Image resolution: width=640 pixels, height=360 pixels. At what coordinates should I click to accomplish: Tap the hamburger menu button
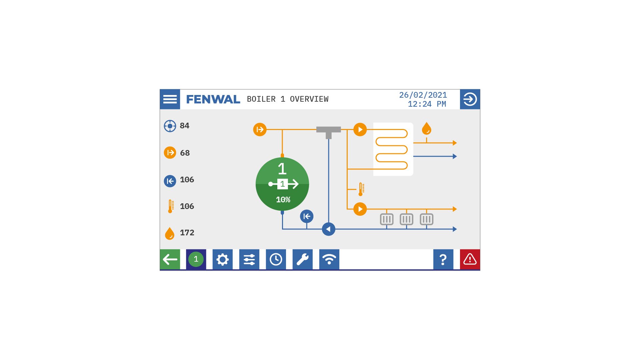(170, 99)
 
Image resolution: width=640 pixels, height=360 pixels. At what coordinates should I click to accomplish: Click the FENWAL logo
(213, 99)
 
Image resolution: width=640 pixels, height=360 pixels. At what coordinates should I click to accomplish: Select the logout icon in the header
(470, 99)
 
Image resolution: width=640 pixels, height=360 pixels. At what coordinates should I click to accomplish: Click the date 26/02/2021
(423, 95)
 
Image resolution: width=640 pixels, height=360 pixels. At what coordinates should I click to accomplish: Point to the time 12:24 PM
(427, 104)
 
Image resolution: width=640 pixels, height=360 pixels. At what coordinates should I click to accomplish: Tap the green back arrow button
(170, 259)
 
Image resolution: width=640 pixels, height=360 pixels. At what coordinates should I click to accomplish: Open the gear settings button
(223, 259)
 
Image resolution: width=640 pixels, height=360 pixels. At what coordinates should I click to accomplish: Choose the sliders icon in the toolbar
(249, 259)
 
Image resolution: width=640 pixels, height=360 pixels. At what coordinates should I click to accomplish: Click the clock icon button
(276, 259)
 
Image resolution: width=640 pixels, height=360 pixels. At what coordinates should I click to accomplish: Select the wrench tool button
(303, 259)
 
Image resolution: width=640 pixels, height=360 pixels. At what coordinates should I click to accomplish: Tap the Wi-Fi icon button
(329, 259)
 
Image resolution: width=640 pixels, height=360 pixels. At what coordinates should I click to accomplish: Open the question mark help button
(443, 259)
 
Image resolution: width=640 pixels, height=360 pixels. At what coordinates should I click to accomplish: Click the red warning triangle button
(470, 259)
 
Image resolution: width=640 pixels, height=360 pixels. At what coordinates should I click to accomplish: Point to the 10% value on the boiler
(283, 200)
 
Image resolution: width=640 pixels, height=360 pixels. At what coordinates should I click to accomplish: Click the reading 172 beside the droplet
(187, 233)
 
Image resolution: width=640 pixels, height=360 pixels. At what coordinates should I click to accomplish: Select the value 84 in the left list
(185, 126)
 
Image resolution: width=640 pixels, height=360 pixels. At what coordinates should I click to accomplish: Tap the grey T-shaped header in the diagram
(329, 132)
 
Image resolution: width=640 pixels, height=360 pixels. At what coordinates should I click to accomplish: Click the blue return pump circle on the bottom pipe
(329, 229)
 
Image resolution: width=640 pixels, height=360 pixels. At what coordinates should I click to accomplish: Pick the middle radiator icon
(407, 219)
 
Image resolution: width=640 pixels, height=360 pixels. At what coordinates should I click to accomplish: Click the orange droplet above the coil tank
(427, 128)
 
